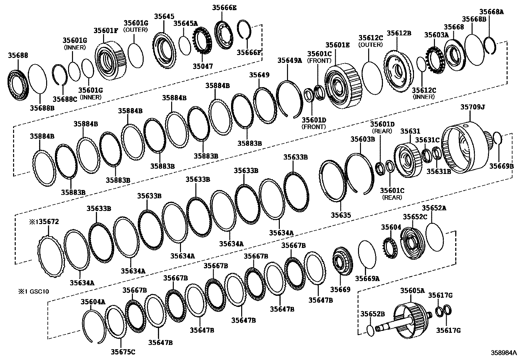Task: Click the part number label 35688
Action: pyautogui.click(x=18, y=56)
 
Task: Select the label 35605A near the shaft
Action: pyautogui.click(x=412, y=290)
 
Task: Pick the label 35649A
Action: pyautogui.click(x=290, y=60)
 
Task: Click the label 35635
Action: pyautogui.click(x=341, y=215)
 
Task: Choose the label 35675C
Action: pyautogui.click(x=123, y=352)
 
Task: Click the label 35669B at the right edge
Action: pyautogui.click(x=501, y=166)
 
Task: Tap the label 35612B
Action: pyautogui.click(x=399, y=33)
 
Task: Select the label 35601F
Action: pyautogui.click(x=106, y=30)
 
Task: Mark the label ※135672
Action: pyautogui.click(x=44, y=222)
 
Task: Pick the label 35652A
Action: pyautogui.click(x=434, y=208)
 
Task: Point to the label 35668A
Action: pyautogui.click(x=492, y=12)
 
